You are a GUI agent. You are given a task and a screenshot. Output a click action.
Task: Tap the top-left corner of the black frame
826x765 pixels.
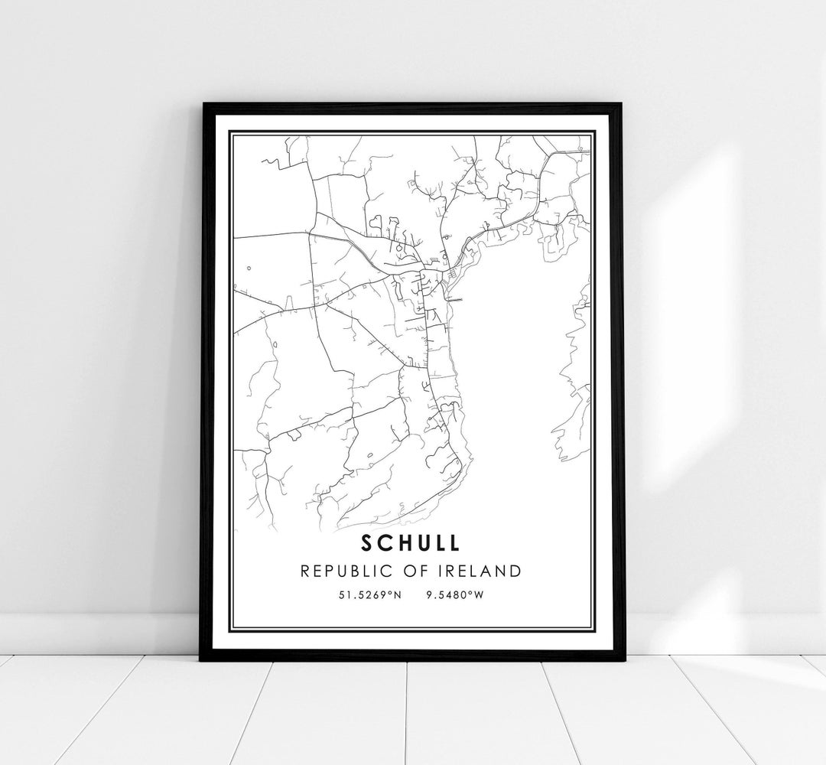[x=203, y=104]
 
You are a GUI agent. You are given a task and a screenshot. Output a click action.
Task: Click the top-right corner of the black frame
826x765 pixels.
[x=622, y=104]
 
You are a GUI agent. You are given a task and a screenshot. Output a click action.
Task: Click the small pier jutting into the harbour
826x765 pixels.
[x=456, y=300]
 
